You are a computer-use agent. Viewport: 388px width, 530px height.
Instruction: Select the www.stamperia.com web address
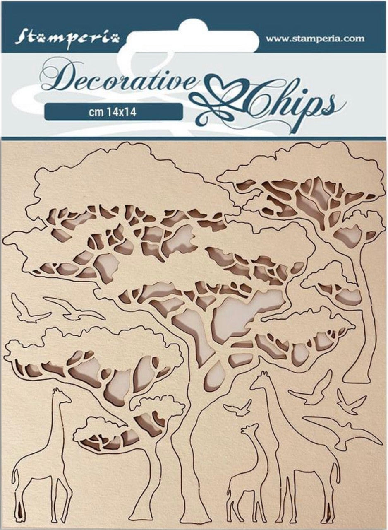point(315,39)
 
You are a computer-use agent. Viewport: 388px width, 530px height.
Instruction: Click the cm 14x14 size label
point(113,112)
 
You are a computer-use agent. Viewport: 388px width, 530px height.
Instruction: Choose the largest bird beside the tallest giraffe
point(345,433)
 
